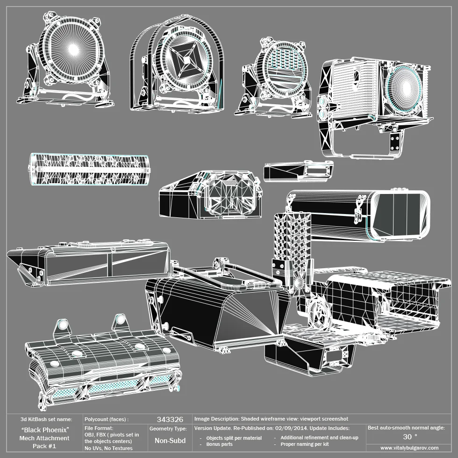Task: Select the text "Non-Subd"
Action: pos(170,440)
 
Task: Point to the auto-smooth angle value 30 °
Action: pos(409,437)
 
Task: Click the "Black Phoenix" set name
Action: pos(45,429)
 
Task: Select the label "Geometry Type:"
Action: pos(168,429)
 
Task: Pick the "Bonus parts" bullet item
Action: pos(220,444)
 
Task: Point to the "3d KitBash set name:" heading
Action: pos(46,419)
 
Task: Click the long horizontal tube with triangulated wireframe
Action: pos(89,170)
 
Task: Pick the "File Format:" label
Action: pos(99,428)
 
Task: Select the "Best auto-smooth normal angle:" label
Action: pos(406,428)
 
